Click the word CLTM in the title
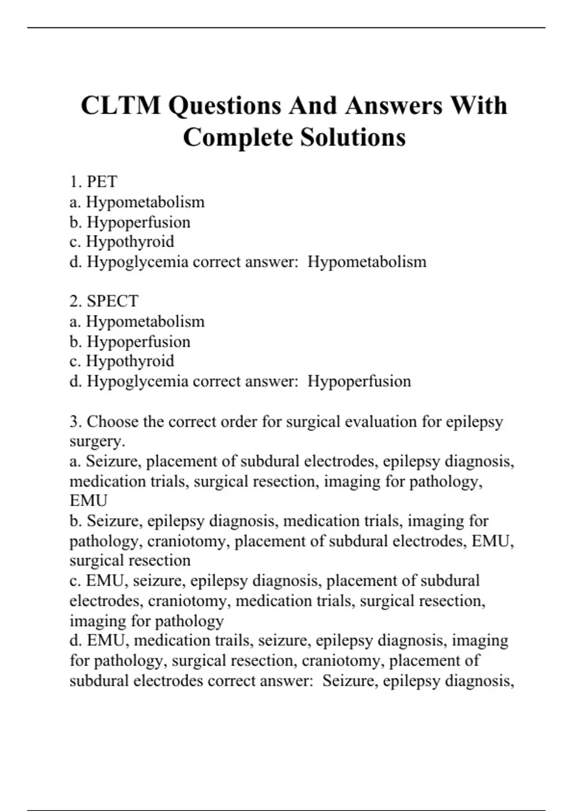point(121,105)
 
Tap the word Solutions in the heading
point(353,137)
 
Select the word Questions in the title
point(224,105)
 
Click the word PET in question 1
point(102,182)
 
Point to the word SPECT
point(113,301)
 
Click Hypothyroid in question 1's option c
point(130,241)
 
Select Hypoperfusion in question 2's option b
point(138,342)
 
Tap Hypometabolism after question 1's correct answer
point(367,261)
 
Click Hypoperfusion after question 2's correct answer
point(359,381)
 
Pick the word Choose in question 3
point(113,422)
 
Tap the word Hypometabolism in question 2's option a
point(145,322)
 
